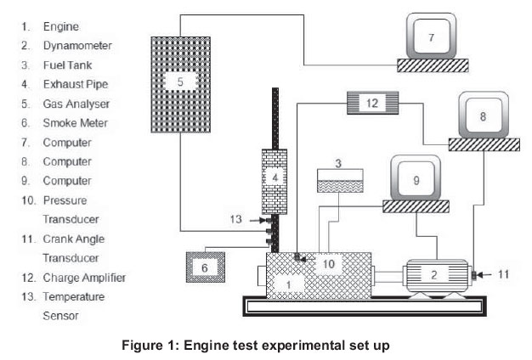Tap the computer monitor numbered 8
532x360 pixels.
483,115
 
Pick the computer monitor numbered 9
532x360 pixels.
416,179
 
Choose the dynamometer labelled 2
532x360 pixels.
434,274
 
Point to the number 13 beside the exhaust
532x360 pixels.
236,219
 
